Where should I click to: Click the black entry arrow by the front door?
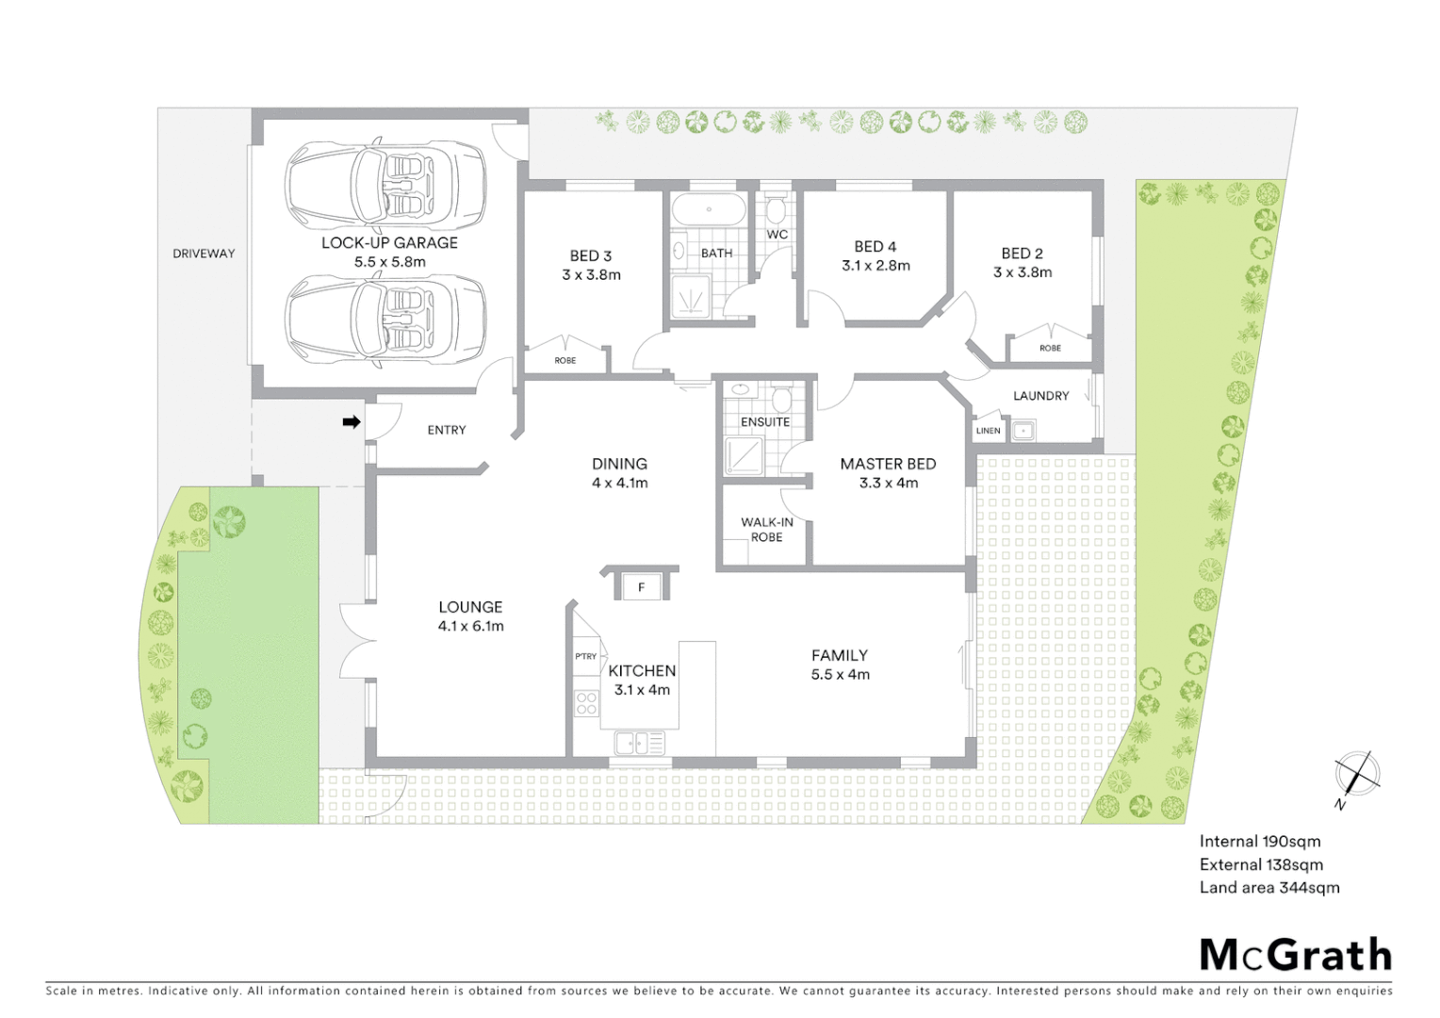(x=351, y=422)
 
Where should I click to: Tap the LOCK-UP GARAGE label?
(x=389, y=242)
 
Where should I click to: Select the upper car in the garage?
(x=386, y=184)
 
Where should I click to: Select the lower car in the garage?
(x=386, y=319)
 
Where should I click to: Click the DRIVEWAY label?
(x=204, y=254)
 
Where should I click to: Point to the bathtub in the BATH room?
(x=709, y=209)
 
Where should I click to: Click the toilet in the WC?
(x=776, y=208)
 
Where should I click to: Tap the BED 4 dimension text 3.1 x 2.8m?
(x=875, y=266)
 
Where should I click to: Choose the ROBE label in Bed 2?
(x=1050, y=348)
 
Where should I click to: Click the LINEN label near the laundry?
(x=988, y=431)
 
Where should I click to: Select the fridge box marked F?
(x=642, y=587)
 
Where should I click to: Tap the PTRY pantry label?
(x=585, y=656)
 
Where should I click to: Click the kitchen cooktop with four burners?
(x=586, y=703)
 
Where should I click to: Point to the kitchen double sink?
(x=639, y=744)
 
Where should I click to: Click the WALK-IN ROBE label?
(x=766, y=530)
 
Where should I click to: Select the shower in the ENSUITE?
(x=744, y=457)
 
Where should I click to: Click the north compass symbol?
(x=1357, y=775)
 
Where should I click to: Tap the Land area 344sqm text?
(x=1268, y=887)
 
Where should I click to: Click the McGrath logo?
(x=1295, y=955)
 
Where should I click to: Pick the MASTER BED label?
(x=888, y=464)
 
